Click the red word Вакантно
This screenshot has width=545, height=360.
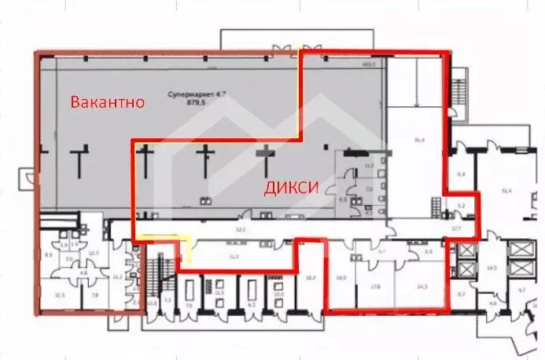107,102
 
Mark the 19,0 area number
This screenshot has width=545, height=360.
341,277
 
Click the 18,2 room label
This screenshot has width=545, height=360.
310,277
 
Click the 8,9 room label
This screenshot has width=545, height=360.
48,255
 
